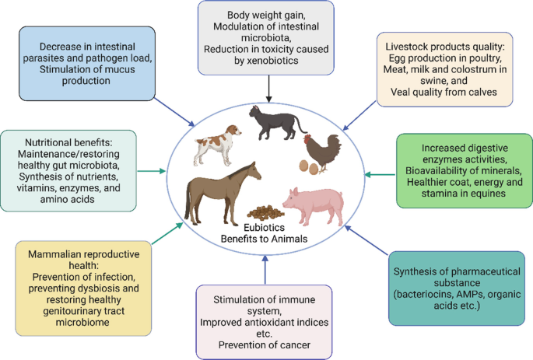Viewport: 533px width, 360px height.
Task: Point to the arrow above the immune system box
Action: [265, 268]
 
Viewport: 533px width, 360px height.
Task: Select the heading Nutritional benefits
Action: [69, 143]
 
